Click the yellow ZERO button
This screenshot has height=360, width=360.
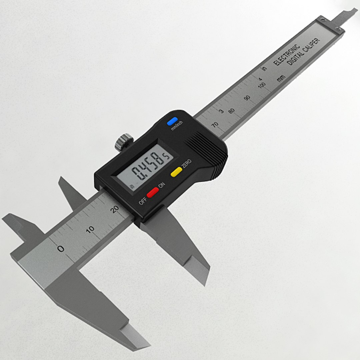tap(176, 171)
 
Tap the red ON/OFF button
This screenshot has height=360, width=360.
tap(153, 192)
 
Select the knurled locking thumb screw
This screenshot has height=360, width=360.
tap(124, 141)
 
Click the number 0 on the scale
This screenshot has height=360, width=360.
tap(61, 249)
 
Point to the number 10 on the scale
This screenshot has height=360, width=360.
tap(90, 230)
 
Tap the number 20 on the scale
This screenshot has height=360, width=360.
tap(115, 209)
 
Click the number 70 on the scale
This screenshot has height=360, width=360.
tap(215, 124)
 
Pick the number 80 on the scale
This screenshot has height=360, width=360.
tap(231, 111)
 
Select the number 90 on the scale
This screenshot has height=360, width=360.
tap(247, 98)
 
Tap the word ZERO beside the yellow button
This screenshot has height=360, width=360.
tap(186, 163)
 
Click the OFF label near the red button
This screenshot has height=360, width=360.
tap(143, 201)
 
